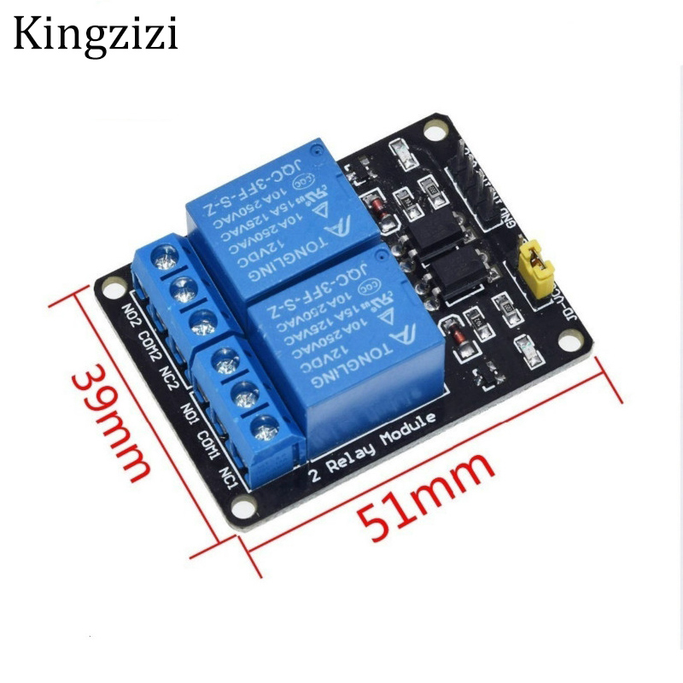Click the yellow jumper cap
[x=537, y=266]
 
